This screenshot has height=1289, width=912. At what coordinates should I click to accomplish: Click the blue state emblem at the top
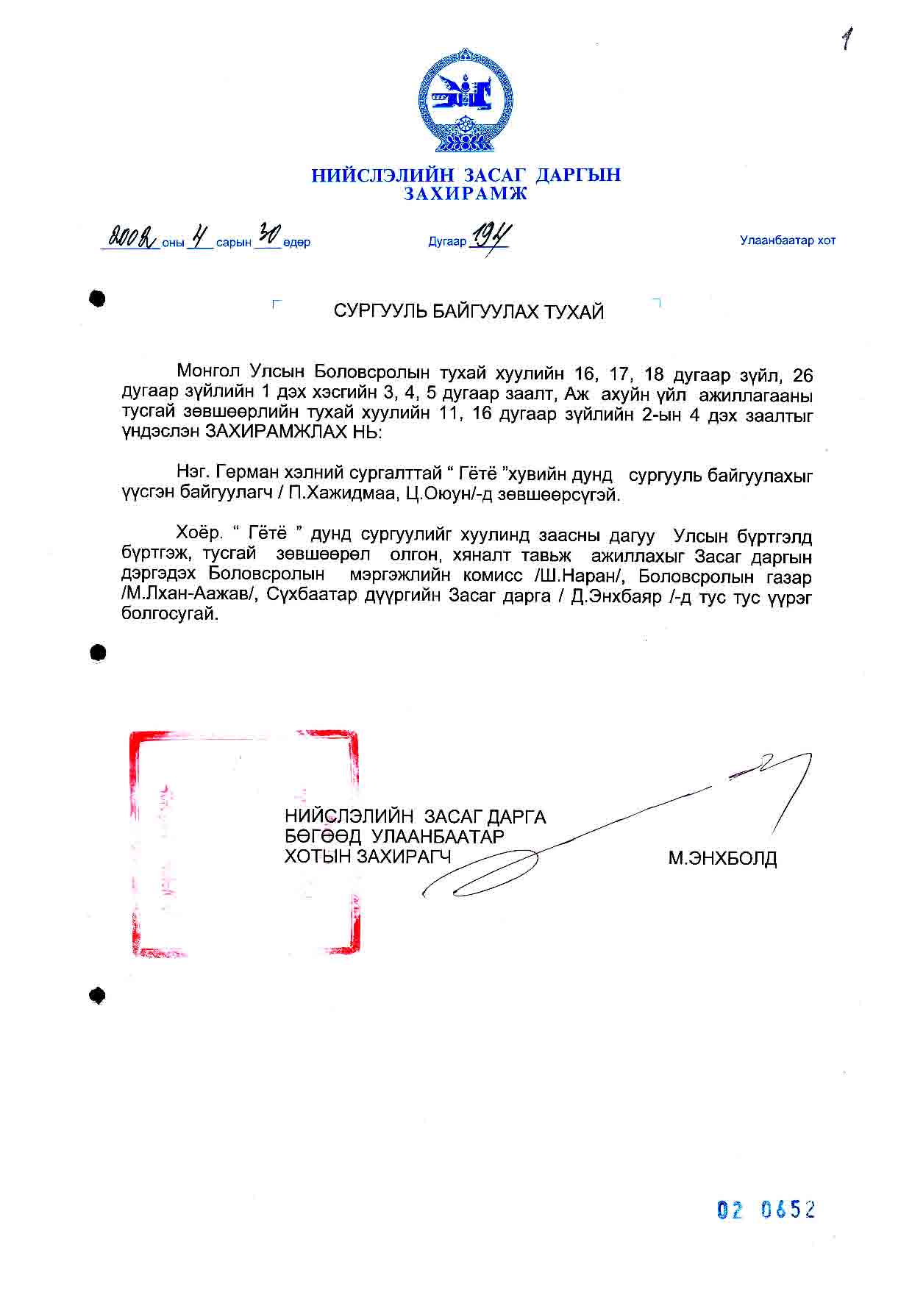(466, 101)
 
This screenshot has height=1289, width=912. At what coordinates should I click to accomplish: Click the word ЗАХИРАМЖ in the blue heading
(466, 193)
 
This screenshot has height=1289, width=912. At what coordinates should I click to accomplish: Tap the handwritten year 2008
(130, 237)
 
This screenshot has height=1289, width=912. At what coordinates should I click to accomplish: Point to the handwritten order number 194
(491, 236)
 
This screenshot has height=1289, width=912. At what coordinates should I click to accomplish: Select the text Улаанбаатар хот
(787, 240)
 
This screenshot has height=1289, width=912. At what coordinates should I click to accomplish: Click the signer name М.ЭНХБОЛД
(722, 858)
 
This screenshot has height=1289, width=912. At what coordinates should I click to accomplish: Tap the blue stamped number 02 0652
(766, 1209)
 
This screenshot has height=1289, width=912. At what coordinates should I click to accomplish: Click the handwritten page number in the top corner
(848, 39)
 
